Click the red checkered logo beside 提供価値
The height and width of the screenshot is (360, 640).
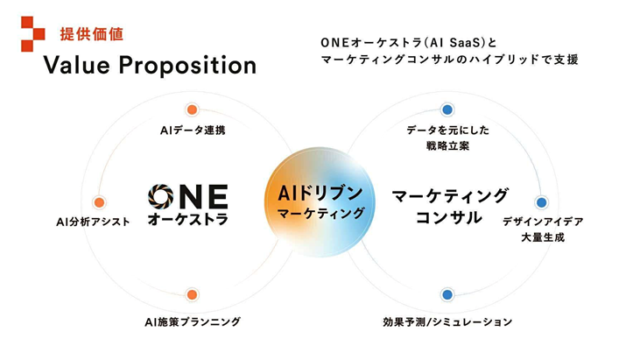tap(33, 34)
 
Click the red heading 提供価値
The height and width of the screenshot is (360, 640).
tap(92, 34)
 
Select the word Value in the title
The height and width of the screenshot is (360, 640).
tap(77, 66)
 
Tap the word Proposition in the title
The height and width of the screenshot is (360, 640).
tap(187, 66)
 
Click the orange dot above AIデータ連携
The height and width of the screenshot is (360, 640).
tap(192, 109)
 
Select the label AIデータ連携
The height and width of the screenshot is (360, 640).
tap(193, 131)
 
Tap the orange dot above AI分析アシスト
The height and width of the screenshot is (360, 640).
tap(99, 202)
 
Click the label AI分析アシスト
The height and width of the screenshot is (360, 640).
tap(93, 222)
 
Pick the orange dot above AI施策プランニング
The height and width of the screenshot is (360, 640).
tap(192, 294)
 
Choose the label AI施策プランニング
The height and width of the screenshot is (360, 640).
tap(193, 322)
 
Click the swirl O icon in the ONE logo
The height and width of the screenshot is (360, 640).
tap(161, 197)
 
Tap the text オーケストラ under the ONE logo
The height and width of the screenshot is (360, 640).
tap(187, 219)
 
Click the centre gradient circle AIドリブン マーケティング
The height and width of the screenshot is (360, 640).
tap(320, 202)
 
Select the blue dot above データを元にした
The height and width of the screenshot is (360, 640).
tap(447, 109)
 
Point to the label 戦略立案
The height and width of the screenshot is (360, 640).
tap(447, 145)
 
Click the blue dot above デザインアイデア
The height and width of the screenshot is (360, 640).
tap(542, 202)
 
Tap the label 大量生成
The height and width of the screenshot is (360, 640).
tap(543, 237)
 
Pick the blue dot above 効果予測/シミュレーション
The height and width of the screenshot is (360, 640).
tap(447, 294)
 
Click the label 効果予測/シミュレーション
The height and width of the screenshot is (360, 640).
tap(447, 322)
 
